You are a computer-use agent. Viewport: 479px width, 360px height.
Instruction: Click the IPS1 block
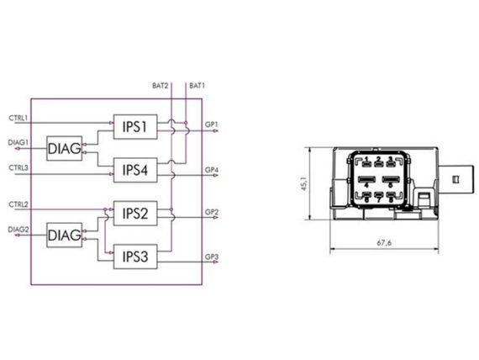click(x=135, y=127)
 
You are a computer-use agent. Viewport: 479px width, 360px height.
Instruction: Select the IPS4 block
click(x=135, y=170)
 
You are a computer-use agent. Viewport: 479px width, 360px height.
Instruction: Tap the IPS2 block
click(x=135, y=213)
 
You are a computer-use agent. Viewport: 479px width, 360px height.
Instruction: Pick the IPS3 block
click(x=135, y=257)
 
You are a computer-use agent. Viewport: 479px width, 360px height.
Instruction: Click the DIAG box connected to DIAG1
click(x=65, y=148)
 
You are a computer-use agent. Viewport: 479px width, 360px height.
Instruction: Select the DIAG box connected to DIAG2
click(x=65, y=235)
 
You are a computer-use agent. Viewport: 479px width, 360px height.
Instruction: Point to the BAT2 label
click(x=160, y=86)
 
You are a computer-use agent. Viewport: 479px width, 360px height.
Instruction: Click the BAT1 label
click(x=197, y=86)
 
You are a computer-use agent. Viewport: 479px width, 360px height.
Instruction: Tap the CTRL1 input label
click(x=18, y=118)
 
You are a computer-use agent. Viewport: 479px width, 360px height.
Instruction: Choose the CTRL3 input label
click(x=18, y=168)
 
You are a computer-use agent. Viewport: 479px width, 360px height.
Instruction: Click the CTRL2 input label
click(x=18, y=204)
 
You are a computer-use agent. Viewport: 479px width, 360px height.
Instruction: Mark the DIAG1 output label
click(x=18, y=142)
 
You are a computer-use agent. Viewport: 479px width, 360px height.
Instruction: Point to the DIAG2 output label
click(x=18, y=230)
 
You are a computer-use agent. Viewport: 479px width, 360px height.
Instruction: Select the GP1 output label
click(x=212, y=124)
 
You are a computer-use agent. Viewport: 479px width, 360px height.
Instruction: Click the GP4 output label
click(x=212, y=170)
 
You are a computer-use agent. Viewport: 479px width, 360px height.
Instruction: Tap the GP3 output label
click(x=212, y=257)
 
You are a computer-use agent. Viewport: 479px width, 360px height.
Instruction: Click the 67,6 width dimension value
click(x=384, y=243)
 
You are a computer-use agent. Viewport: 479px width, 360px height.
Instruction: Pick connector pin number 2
click(x=378, y=159)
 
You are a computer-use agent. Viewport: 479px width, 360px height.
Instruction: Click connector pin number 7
click(x=378, y=200)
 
